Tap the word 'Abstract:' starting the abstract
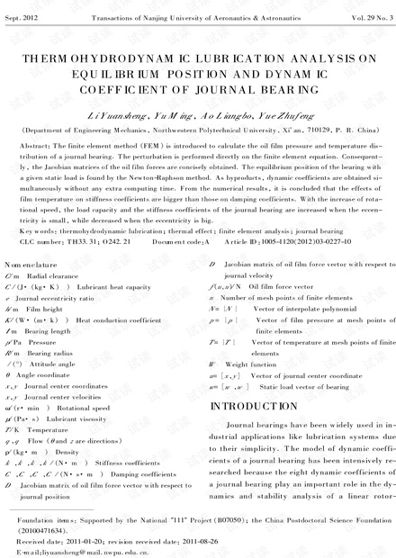[35, 144]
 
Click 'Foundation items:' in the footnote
[40, 521]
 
